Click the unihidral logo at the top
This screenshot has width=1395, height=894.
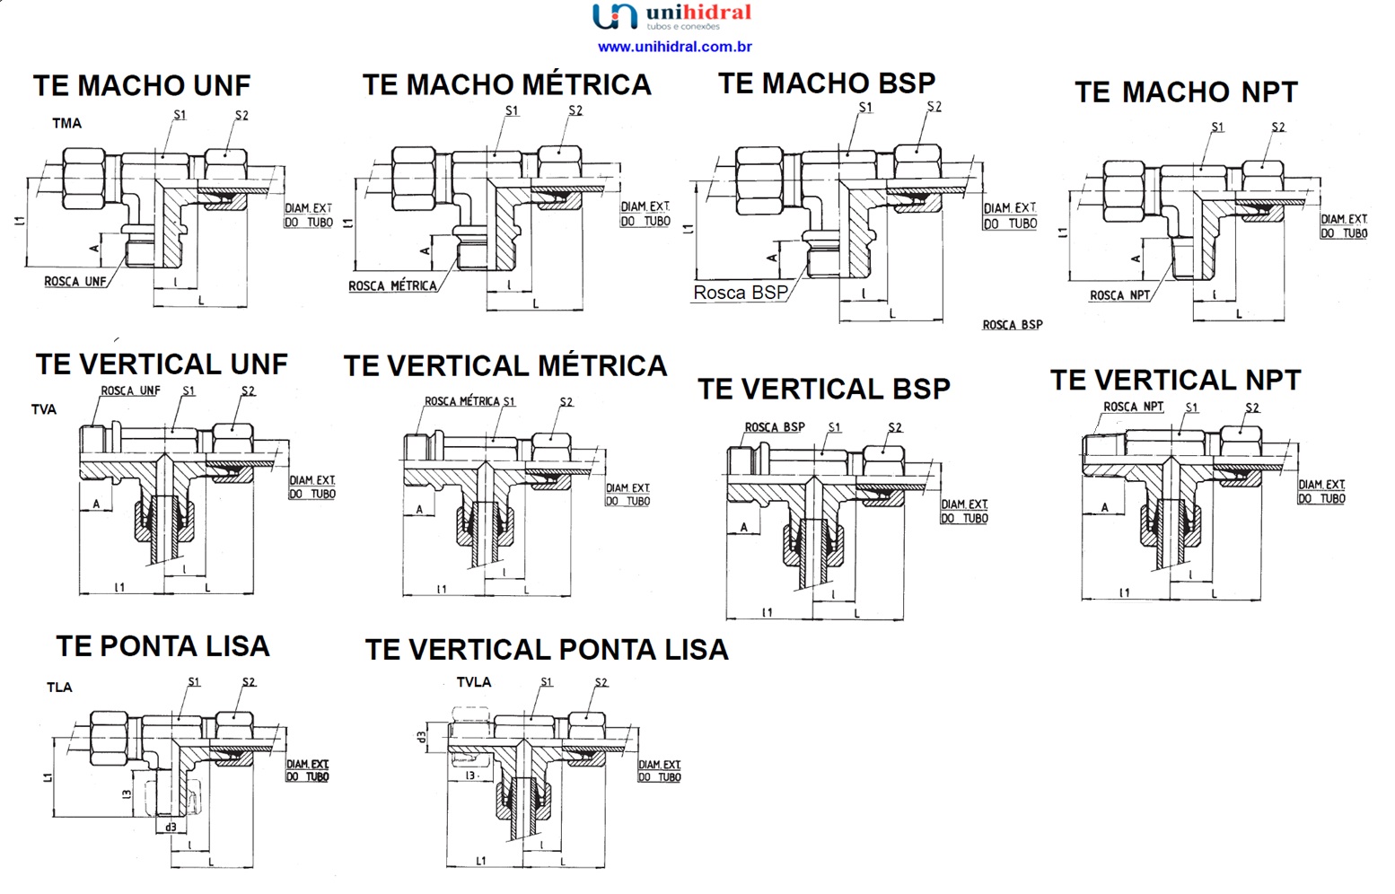click(x=671, y=16)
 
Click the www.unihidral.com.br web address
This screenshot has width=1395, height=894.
click(x=674, y=47)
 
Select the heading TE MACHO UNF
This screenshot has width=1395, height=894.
click(x=142, y=86)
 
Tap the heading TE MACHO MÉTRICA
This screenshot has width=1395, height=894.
click(x=506, y=85)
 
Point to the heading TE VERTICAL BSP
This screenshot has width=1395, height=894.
click(x=823, y=390)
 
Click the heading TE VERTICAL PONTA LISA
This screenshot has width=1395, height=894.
click(x=546, y=650)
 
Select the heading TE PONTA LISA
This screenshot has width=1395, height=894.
click(x=162, y=646)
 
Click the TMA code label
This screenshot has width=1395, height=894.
click(x=66, y=123)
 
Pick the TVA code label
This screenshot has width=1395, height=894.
click(x=44, y=409)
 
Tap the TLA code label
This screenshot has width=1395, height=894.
click(x=59, y=688)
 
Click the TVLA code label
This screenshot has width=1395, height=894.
click(x=474, y=682)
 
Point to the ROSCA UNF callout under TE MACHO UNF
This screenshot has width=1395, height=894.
click(x=75, y=282)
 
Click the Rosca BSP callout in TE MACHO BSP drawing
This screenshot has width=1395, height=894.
click(x=740, y=293)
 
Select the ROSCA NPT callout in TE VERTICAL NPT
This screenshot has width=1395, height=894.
click(x=1133, y=407)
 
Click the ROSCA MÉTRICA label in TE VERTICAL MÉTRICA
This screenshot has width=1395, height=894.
click(x=461, y=401)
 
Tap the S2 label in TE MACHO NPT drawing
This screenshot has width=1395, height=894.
click(x=1277, y=127)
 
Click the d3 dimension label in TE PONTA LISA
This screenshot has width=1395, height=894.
click(x=170, y=827)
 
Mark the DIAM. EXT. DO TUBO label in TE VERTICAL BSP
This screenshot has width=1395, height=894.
click(x=964, y=512)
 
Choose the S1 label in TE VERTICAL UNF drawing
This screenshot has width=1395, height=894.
click(x=189, y=390)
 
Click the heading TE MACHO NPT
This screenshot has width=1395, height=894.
click(x=1186, y=92)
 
